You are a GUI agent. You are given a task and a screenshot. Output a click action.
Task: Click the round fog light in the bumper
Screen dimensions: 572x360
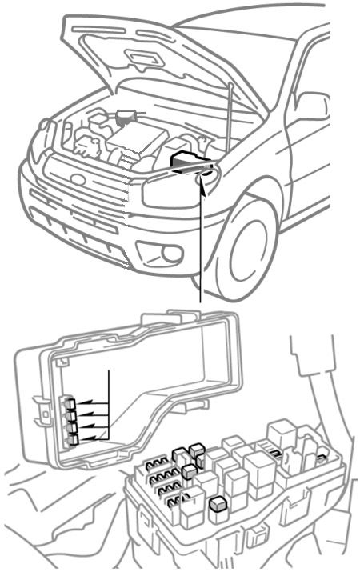[170, 254]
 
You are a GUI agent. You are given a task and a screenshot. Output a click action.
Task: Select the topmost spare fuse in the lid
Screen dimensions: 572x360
[72, 404]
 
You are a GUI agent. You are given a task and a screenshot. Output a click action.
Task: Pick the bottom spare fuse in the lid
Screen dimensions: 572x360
[73, 438]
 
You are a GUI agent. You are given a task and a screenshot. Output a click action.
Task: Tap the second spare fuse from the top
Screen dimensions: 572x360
[72, 415]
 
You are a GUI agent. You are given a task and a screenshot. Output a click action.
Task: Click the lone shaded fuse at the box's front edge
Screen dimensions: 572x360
[216, 504]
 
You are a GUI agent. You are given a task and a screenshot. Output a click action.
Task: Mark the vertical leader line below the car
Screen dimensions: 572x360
[199, 256]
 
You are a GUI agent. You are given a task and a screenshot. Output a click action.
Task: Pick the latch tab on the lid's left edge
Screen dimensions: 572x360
[34, 404]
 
